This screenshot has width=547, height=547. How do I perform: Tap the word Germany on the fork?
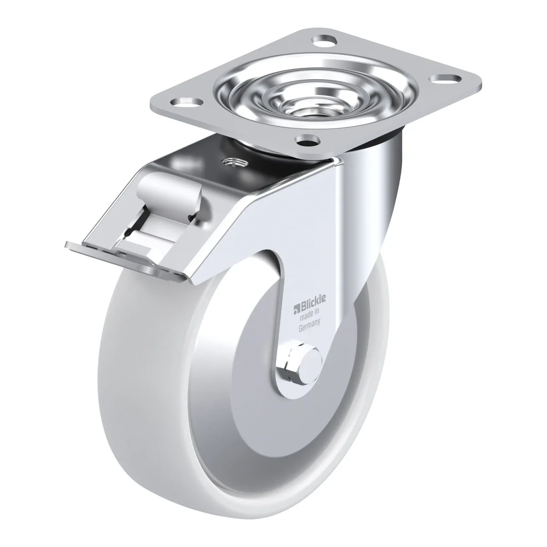[x=310, y=324]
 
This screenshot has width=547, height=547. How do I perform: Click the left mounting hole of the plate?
[x=187, y=101]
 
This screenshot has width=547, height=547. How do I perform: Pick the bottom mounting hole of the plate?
[x=307, y=139]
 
